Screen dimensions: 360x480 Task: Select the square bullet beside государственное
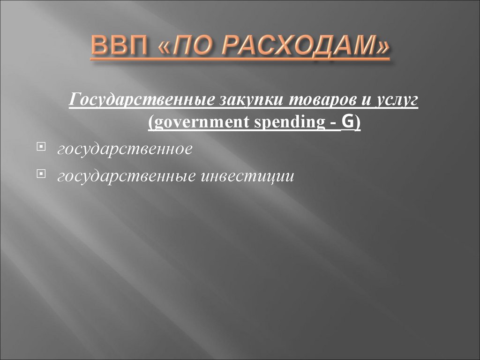(41, 149)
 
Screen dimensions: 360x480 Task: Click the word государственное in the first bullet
(124, 150)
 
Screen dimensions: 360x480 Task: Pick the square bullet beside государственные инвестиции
(41, 175)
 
